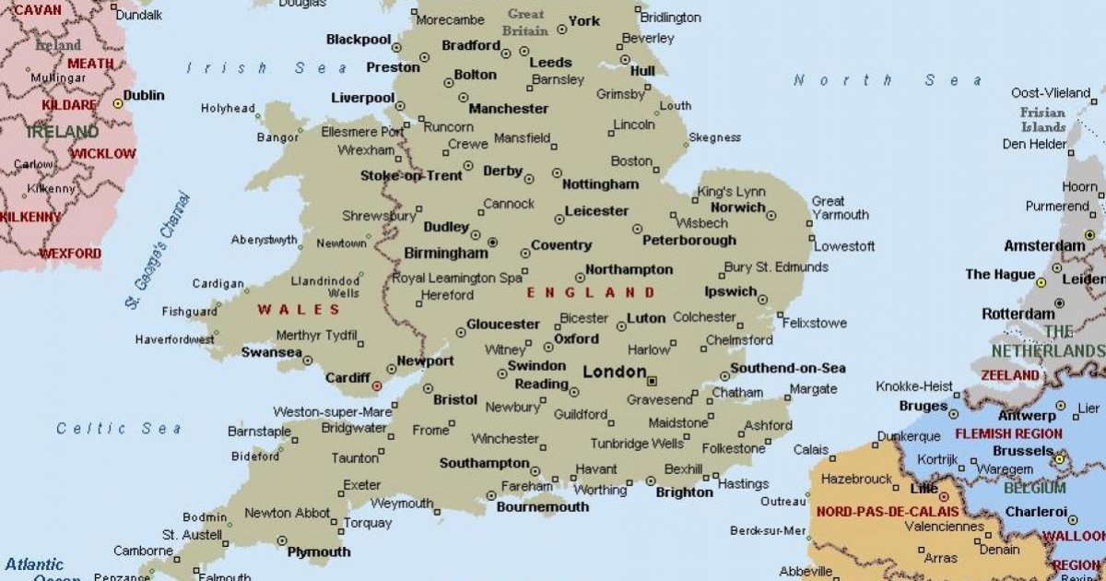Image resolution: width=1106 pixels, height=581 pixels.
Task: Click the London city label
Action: pos(615,372)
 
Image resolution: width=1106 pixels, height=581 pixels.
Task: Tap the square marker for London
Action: pos(653,380)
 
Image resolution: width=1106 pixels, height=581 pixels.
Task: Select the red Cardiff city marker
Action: pos(376,385)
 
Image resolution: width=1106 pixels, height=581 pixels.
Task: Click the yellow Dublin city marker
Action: pos(118,103)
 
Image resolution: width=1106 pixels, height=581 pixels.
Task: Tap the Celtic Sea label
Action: pos(119,428)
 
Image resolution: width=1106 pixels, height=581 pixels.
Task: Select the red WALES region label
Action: pos(299,309)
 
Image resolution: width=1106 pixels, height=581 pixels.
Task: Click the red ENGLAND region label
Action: pos(591,292)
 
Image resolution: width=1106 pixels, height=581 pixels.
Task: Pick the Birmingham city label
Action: pos(446,253)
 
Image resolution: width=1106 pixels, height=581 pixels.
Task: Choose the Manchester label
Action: pos(508,108)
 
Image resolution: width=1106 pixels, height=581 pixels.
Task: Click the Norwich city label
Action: pos(737,207)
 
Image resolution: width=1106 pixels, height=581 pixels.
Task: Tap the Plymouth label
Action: pos(319,551)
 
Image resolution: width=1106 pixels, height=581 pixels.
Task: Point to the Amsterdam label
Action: pos(1044,246)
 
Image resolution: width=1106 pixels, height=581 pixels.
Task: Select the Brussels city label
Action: pos(1022,451)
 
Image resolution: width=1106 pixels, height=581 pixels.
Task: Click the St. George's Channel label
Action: pos(158,249)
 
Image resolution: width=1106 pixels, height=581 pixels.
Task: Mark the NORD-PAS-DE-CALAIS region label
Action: pos(888,511)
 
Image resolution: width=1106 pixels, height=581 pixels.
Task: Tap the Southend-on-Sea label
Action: pos(788,368)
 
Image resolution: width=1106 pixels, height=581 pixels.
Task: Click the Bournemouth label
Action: pos(542,506)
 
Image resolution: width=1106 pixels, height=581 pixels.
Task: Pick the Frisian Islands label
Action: pos(1042,120)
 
